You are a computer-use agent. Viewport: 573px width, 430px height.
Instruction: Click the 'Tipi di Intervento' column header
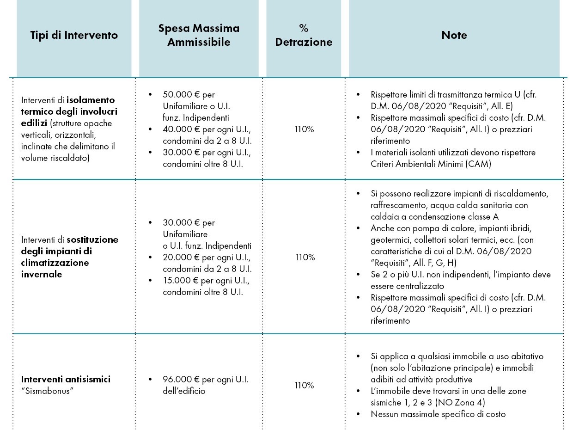tap(74, 35)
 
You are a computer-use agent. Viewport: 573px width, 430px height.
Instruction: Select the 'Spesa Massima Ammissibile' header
tap(199, 35)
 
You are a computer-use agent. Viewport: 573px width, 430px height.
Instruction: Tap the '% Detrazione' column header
tap(304, 35)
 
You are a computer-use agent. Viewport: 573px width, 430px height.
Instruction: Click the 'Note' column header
tap(454, 35)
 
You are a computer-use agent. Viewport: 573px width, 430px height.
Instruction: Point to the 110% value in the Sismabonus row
tap(304, 385)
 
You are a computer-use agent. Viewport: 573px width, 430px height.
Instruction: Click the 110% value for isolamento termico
tap(304, 129)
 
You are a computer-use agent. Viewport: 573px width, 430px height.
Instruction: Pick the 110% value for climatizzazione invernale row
tap(305, 257)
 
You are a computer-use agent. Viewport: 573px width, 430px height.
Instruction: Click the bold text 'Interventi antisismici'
tap(66, 379)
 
